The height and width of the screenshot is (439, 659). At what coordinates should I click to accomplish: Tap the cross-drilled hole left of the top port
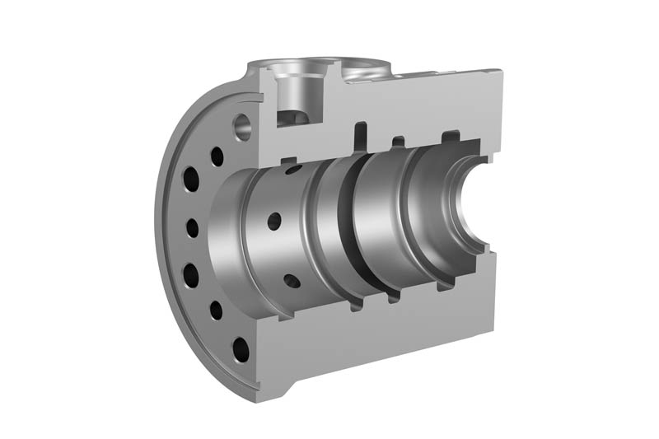[243, 126]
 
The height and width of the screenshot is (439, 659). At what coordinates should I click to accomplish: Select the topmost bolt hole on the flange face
[217, 154]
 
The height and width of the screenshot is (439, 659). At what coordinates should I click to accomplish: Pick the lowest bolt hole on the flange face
[241, 349]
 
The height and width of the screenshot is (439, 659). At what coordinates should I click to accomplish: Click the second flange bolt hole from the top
[191, 178]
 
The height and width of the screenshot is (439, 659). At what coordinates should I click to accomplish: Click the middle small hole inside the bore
[274, 221]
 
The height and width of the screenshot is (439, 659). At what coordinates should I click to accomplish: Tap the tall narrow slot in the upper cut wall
[360, 136]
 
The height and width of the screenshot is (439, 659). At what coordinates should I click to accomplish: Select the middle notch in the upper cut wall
[398, 140]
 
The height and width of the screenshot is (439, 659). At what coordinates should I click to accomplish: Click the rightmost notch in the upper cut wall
[450, 136]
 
